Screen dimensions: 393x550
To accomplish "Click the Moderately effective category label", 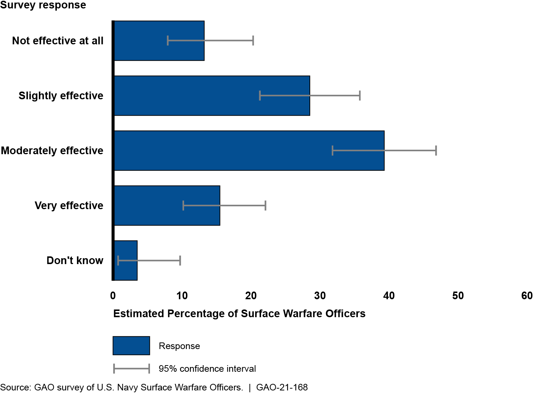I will pyautogui.click(x=52, y=151).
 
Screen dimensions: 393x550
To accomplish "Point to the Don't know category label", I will pyautogui.click(x=75, y=260).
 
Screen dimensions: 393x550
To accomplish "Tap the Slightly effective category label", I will pyautogui.click(x=61, y=96).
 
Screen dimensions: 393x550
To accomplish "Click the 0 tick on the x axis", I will pyautogui.click(x=113, y=296).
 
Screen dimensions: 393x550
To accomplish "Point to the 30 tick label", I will pyautogui.click(x=320, y=296).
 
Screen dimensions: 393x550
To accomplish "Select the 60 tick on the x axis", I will pyautogui.click(x=527, y=296).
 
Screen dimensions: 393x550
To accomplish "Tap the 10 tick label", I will pyautogui.click(x=182, y=296).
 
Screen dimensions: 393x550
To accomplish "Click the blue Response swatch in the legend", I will pyautogui.click(x=131, y=346).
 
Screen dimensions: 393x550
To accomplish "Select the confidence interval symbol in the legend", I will pyautogui.click(x=131, y=368).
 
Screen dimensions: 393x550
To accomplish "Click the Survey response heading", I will pyautogui.click(x=43, y=5).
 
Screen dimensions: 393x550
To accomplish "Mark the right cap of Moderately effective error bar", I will pyautogui.click(x=436, y=151).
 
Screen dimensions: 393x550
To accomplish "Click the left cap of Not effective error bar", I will pyautogui.click(x=168, y=41).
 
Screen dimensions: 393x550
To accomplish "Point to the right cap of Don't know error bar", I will pyautogui.click(x=180, y=260).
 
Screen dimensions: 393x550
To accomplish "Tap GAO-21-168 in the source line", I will pyautogui.click(x=282, y=387).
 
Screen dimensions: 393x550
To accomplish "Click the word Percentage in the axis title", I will pyautogui.click(x=202, y=314).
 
